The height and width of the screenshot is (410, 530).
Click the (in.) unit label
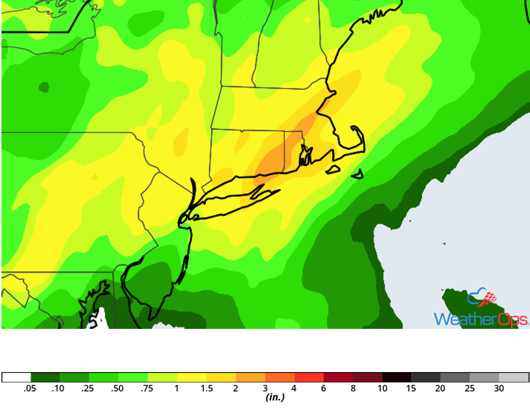click(x=275, y=398)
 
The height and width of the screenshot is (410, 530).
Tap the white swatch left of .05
click(x=16, y=377)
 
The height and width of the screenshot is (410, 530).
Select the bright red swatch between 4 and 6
click(x=309, y=377)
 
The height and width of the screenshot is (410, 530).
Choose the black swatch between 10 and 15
click(x=397, y=377)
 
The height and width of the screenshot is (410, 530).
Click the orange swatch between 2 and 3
click(x=251, y=377)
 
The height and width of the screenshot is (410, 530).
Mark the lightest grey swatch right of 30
click(x=514, y=377)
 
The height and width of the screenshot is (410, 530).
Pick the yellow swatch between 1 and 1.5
click(x=192, y=377)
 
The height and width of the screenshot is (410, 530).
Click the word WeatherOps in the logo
click(x=481, y=319)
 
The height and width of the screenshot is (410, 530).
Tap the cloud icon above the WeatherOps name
click(x=482, y=298)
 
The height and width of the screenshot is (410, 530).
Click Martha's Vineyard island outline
click(x=333, y=170)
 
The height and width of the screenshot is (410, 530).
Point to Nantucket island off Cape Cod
click(x=357, y=175)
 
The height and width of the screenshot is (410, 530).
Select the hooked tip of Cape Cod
click(x=354, y=128)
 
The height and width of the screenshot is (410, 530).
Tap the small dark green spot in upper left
click(x=44, y=87)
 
